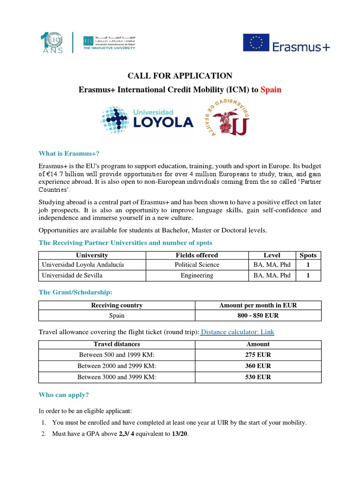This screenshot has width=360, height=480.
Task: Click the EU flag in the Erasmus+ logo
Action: click(x=256, y=43)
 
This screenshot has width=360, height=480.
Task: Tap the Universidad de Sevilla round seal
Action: click(x=225, y=120)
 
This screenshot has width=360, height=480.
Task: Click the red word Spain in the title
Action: click(x=271, y=89)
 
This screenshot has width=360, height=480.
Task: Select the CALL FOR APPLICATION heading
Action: click(x=180, y=75)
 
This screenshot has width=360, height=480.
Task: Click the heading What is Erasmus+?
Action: click(x=69, y=153)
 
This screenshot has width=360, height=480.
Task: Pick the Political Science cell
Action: click(x=197, y=264)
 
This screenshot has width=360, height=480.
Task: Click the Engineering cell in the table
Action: click(x=197, y=276)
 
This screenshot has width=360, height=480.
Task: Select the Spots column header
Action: click(x=308, y=255)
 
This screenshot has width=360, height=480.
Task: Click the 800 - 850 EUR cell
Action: click(x=258, y=316)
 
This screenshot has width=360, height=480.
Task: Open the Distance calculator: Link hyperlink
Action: click(x=237, y=332)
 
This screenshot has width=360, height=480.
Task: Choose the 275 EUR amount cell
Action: click(x=258, y=354)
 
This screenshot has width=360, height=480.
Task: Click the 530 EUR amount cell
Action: click(x=258, y=377)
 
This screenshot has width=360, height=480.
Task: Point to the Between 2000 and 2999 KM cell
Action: click(x=118, y=366)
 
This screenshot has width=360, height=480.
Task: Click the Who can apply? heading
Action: click(x=64, y=395)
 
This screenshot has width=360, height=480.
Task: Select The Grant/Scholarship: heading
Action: click(x=75, y=292)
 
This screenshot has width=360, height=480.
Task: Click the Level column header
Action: click(x=272, y=255)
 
